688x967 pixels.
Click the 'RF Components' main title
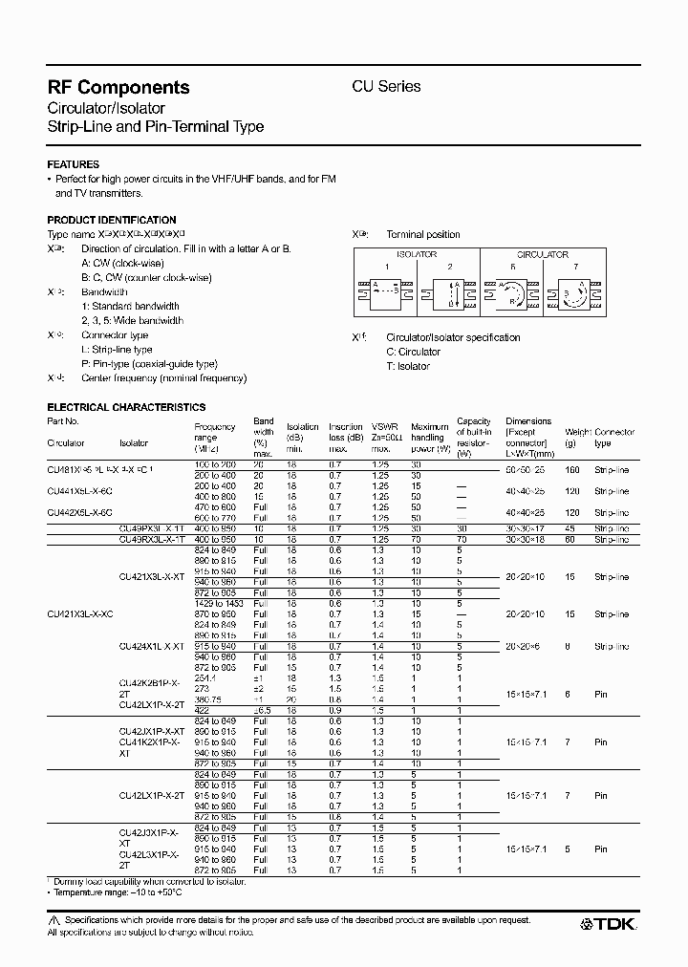pos(118,87)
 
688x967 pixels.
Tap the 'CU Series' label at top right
pos(387,86)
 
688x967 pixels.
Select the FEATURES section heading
pos(73,164)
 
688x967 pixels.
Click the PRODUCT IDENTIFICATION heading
pos(112,220)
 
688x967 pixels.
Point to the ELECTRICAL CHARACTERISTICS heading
pos(126,407)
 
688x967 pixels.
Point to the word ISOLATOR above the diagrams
pos(417,255)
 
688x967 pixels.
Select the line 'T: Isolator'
pos(408,366)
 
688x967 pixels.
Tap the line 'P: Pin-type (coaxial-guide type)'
pos(149,364)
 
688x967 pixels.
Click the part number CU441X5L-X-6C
pos(79,490)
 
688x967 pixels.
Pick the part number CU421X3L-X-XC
pos(80,614)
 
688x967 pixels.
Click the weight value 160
pos(572,469)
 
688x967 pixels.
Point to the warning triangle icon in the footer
pos(54,918)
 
